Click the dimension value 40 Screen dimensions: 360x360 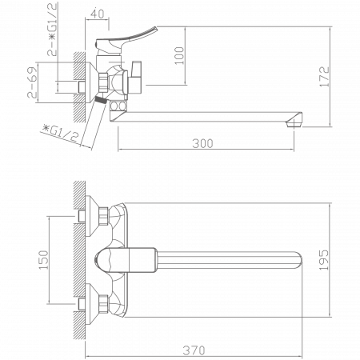[98, 14]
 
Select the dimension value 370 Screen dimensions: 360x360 [195, 350]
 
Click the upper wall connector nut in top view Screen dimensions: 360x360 [103, 216]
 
